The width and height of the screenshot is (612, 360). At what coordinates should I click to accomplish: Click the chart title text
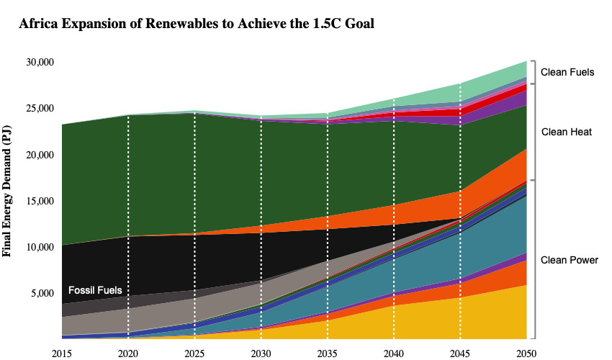[197, 24]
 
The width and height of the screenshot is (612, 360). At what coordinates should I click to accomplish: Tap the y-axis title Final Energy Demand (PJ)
[6, 191]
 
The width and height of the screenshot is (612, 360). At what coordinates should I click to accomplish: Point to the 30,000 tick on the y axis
[40, 62]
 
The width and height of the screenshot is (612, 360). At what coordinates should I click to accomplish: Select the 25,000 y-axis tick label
[40, 108]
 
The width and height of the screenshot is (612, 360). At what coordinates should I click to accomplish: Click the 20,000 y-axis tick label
[40, 155]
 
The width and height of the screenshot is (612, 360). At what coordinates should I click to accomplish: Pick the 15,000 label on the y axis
[40, 201]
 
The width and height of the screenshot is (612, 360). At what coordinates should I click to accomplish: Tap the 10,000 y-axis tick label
[40, 247]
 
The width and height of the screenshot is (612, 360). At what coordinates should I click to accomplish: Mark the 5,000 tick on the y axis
[42, 293]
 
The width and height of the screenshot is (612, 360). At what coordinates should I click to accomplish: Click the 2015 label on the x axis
[62, 354]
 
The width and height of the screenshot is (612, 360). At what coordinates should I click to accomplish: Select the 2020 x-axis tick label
[128, 354]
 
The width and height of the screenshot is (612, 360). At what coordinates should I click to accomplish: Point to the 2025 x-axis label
[194, 354]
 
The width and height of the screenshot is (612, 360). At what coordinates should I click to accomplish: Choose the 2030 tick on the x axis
[261, 354]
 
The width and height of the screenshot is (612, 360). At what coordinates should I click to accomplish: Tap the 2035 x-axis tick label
[327, 354]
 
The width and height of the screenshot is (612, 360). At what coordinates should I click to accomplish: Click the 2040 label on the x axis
[393, 354]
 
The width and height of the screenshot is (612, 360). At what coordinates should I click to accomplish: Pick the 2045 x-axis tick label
[460, 354]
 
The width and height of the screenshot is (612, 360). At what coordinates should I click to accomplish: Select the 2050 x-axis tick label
[526, 354]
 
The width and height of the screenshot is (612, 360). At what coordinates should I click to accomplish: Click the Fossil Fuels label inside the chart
[95, 290]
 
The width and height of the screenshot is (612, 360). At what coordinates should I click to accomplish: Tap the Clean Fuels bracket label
[567, 72]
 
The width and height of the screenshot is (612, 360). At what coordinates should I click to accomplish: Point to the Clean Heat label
[567, 132]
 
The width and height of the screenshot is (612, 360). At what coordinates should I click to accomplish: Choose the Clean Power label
[570, 260]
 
